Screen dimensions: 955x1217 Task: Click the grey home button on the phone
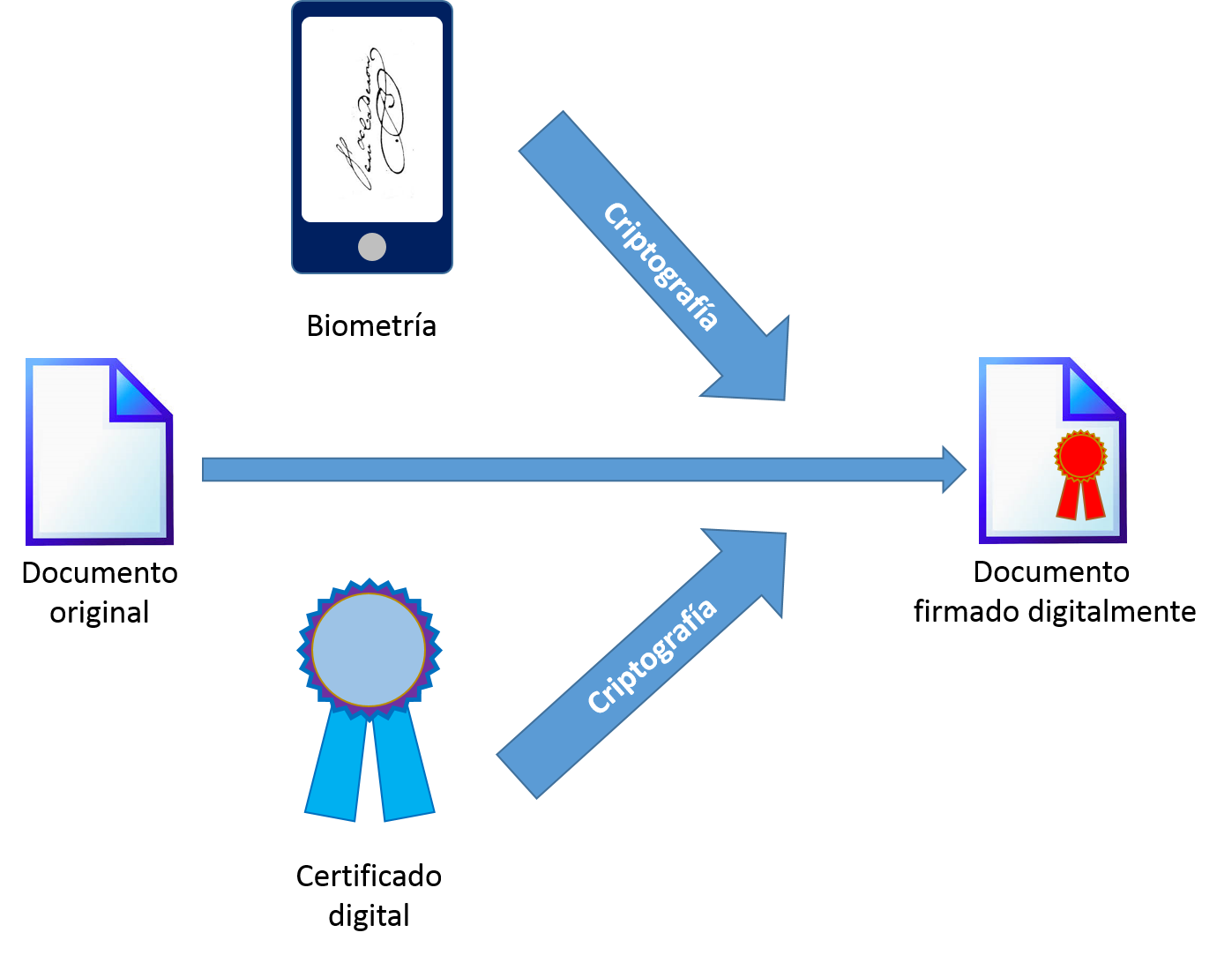372,247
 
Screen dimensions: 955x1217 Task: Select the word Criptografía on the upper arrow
661,265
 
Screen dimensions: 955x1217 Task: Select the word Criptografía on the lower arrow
652,657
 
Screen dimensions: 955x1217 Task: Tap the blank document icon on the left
93,467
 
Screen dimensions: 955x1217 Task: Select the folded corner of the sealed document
1094,388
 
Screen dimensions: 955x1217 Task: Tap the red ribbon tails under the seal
1081,499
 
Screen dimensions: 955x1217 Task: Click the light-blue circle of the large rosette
369,649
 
